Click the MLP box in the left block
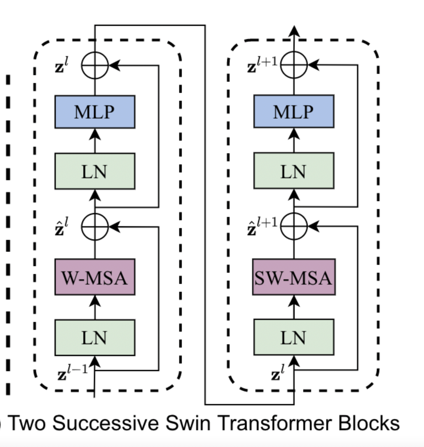click(95, 112)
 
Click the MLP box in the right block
click(294, 112)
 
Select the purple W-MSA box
click(95, 277)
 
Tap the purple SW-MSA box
click(294, 277)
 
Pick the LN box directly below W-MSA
click(95, 337)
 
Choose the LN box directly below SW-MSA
click(294, 337)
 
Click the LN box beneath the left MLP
click(95, 171)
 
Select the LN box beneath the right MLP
click(294, 171)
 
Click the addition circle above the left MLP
click(95, 65)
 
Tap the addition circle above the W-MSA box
click(95, 226)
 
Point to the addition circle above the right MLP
click(294, 65)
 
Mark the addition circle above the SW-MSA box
click(294, 226)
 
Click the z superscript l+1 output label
click(262, 65)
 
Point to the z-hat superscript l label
click(61, 227)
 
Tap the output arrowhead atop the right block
click(294, 31)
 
